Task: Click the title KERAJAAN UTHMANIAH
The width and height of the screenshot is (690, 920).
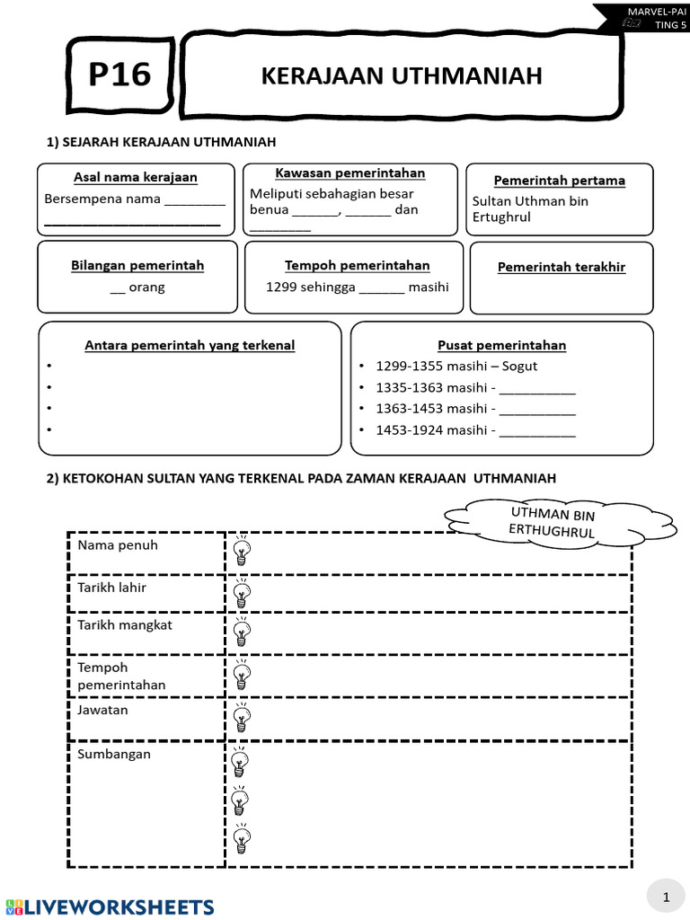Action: tap(402, 76)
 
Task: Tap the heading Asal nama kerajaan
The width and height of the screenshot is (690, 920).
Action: tap(135, 177)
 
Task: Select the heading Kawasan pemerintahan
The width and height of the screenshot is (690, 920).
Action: tap(349, 172)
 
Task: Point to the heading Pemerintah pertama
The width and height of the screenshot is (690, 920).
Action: tap(559, 180)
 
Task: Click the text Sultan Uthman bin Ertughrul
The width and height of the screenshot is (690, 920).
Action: tap(530, 209)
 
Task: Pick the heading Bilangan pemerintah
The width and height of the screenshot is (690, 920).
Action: tap(137, 265)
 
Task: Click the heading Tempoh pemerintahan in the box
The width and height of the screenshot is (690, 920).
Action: tap(357, 265)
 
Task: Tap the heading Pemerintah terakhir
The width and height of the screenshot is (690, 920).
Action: tap(561, 267)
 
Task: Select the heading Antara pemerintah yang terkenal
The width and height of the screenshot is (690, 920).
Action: tap(190, 345)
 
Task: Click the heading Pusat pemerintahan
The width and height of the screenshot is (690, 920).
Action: tap(501, 345)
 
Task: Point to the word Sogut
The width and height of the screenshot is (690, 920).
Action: tap(519, 366)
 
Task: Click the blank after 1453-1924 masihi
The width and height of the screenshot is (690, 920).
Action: tap(536, 431)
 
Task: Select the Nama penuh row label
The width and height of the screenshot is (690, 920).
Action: tap(118, 545)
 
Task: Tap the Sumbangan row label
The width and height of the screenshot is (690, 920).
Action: tap(114, 754)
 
